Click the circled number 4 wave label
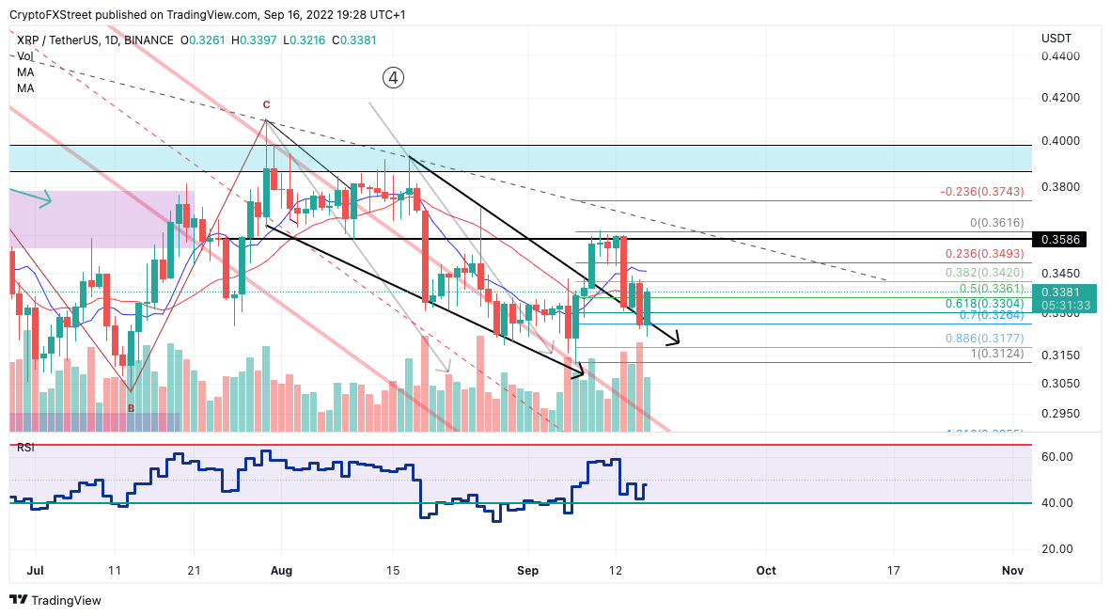(394, 78)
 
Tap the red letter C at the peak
(266, 105)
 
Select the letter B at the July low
(131, 407)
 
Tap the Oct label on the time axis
(766, 570)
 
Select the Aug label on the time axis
(281, 570)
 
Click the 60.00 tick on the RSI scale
(1058, 457)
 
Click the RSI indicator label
(25, 448)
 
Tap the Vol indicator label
(24, 56)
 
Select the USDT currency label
(1056, 38)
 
